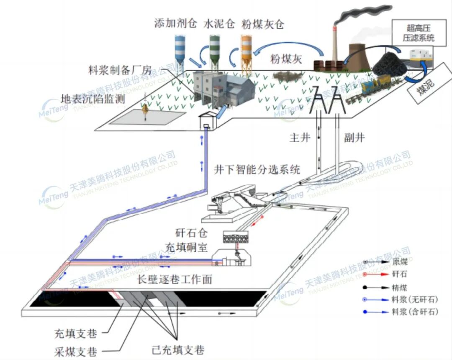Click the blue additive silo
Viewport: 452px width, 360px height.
coord(180,48)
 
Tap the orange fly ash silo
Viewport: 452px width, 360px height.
coord(246,49)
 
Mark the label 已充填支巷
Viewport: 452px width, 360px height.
coord(178,348)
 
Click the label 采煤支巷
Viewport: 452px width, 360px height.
coord(76,351)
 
